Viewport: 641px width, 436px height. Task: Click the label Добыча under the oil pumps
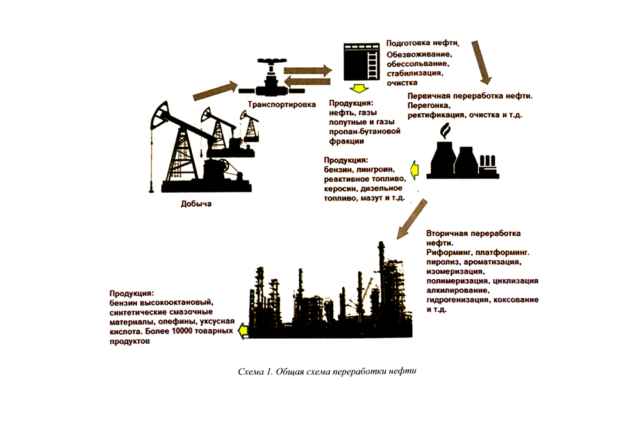coord(196,205)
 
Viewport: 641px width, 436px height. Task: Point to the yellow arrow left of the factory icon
coord(415,169)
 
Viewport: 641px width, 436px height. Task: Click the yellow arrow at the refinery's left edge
coord(243,330)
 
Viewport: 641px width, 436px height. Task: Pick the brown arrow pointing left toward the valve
coord(306,81)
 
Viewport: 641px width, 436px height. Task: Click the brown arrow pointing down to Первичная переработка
coord(481,62)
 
